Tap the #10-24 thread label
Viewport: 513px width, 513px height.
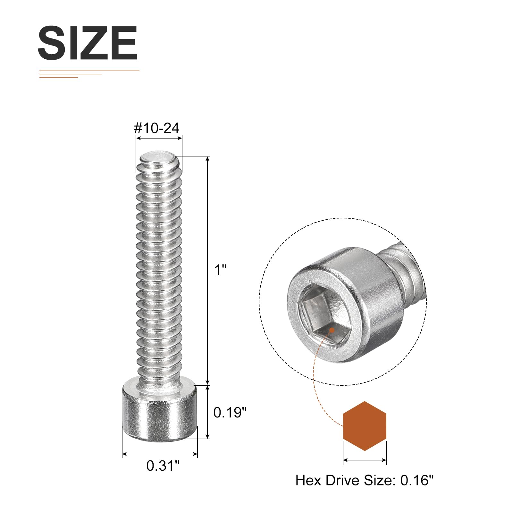(x=156, y=128)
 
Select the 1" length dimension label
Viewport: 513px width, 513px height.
(x=220, y=270)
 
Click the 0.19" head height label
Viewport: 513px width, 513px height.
(x=230, y=412)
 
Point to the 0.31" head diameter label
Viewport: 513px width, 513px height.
(x=163, y=466)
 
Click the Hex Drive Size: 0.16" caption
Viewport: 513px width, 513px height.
(x=365, y=480)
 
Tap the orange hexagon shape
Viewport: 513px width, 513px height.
(x=365, y=426)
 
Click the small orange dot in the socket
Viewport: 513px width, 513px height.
(x=332, y=330)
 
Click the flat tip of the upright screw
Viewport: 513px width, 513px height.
(x=158, y=158)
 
